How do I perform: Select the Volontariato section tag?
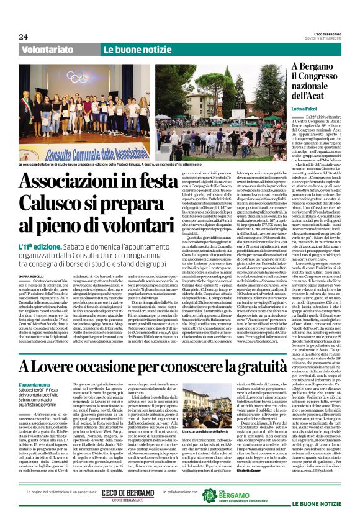click(x=48, y=48)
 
